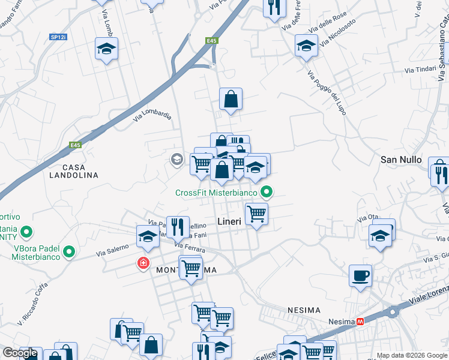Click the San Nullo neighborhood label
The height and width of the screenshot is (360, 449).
click(x=402, y=160)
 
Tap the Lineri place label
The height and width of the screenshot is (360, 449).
click(x=229, y=221)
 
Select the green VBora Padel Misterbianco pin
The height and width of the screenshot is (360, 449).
click(x=69, y=253)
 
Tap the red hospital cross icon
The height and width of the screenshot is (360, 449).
click(x=143, y=263)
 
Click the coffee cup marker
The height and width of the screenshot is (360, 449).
click(x=360, y=276)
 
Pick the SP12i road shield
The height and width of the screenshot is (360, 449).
click(x=58, y=37)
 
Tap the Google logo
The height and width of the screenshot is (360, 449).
click(x=20, y=353)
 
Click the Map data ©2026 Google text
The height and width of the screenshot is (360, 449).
click(x=411, y=355)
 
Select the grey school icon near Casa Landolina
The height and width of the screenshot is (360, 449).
click(x=176, y=159)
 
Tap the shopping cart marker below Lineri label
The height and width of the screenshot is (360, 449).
click(x=256, y=213)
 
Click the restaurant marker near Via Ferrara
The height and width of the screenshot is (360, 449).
click(x=177, y=226)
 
